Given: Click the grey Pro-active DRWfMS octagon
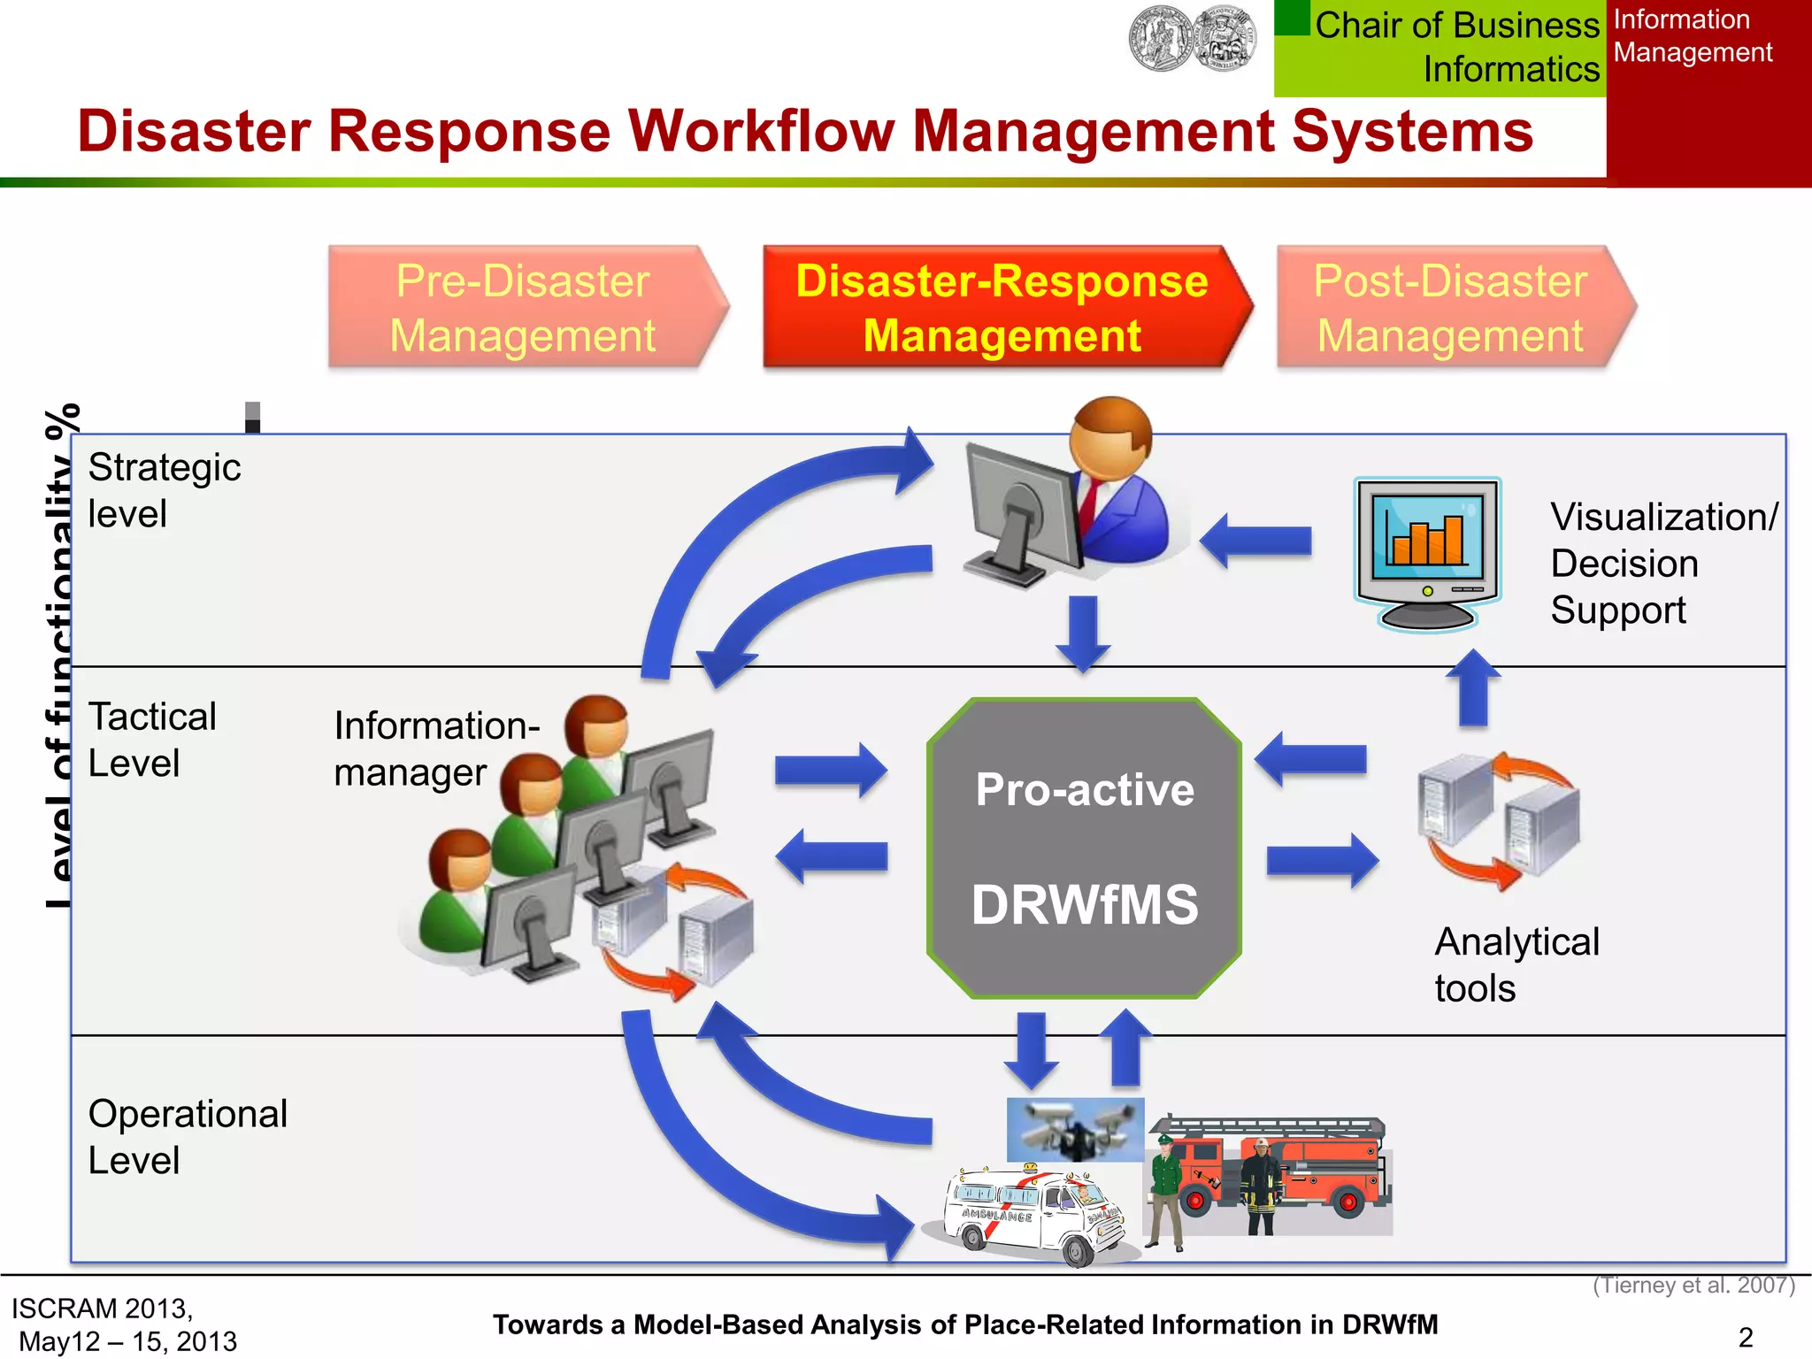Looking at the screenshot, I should pyautogui.click(x=1084, y=848).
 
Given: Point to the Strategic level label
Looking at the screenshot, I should pyautogui.click(x=164, y=490).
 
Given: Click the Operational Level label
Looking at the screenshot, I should pyautogui.click(x=187, y=1136).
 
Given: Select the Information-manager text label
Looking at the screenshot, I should pyautogui.click(x=435, y=749).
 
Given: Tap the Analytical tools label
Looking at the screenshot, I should pyautogui.click(x=1516, y=964).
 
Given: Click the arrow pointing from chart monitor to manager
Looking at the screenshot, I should pyautogui.click(x=1256, y=540).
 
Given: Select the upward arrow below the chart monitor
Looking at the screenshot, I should pyautogui.click(x=1472, y=688).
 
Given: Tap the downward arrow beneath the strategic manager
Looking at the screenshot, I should pyautogui.click(x=1083, y=632).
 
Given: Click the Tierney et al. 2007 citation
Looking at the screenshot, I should pyautogui.click(x=1693, y=1285).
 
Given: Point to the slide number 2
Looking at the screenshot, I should pyautogui.click(x=1746, y=1337).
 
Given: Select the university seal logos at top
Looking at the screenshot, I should pyautogui.click(x=1192, y=39).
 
